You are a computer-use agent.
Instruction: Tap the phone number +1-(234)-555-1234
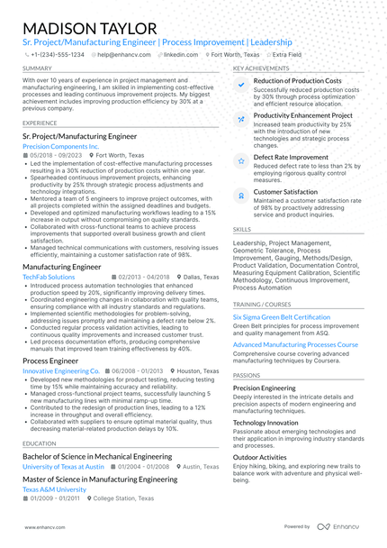(x=57, y=54)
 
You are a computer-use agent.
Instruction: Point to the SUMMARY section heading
(x=37, y=68)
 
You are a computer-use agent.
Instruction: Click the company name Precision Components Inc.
(x=60, y=145)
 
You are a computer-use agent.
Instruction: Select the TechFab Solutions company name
(x=49, y=277)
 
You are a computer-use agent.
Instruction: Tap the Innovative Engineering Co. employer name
(x=61, y=370)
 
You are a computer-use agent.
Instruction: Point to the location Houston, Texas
(x=199, y=370)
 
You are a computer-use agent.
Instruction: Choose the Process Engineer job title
(x=50, y=361)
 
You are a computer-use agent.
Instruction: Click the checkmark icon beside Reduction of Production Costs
(x=240, y=84)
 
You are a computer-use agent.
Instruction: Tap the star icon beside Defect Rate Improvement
(x=240, y=160)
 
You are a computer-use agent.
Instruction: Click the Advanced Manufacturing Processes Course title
(x=295, y=344)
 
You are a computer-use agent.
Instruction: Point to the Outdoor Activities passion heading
(x=260, y=457)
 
